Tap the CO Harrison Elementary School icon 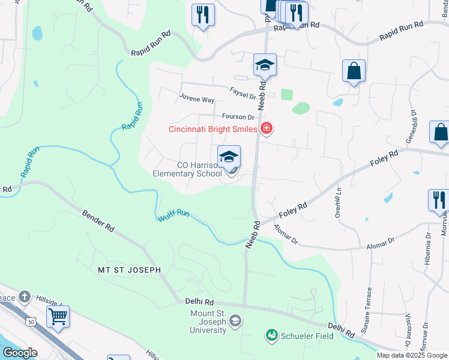click(229, 157)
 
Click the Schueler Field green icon click(271, 335)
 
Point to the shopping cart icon click(58, 316)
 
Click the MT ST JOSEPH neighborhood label click(130, 271)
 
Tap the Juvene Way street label click(196, 99)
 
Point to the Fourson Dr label click(238, 116)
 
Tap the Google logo click(19, 353)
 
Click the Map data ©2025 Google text click(412, 355)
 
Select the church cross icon click(23, 296)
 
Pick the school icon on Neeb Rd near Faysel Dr click(265, 64)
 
